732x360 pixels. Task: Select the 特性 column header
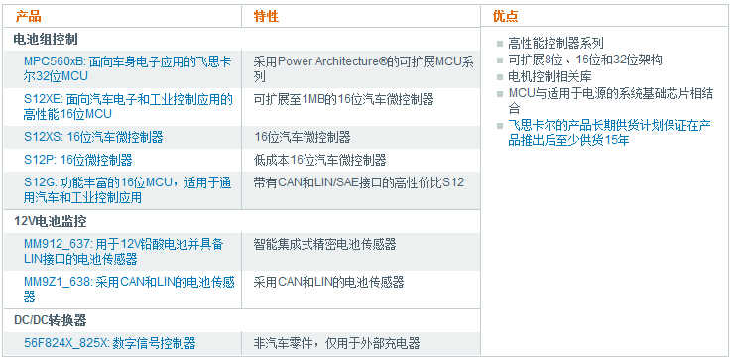click(266, 17)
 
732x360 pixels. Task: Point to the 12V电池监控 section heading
click(51, 220)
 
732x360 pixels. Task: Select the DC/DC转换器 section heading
click(51, 320)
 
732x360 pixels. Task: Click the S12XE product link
click(128, 106)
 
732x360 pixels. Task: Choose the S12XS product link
click(93, 137)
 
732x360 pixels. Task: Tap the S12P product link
click(77, 160)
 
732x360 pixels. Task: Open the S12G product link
click(128, 189)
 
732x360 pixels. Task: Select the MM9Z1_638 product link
click(128, 289)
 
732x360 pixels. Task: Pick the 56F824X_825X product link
click(109, 343)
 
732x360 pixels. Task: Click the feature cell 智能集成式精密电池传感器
click(324, 244)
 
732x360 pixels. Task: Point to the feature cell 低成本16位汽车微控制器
click(319, 160)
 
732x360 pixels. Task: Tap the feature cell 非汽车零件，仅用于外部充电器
click(337, 343)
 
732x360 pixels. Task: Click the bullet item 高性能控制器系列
click(555, 44)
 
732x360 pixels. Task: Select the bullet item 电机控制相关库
click(549, 76)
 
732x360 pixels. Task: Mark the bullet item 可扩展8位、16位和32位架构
click(584, 60)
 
